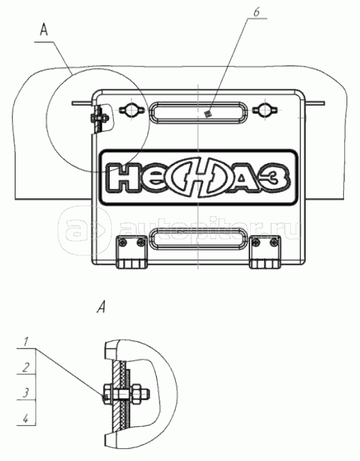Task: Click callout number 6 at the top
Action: tap(256, 12)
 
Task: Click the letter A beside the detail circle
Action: tap(43, 31)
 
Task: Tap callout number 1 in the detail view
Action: tap(26, 342)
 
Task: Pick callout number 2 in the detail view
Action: tap(26, 367)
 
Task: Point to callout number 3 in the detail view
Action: tap(26, 393)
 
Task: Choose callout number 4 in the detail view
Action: tap(26, 418)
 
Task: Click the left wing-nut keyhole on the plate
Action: tap(132, 111)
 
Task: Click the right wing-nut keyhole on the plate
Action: tap(264, 111)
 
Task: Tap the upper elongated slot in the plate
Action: tap(198, 112)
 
